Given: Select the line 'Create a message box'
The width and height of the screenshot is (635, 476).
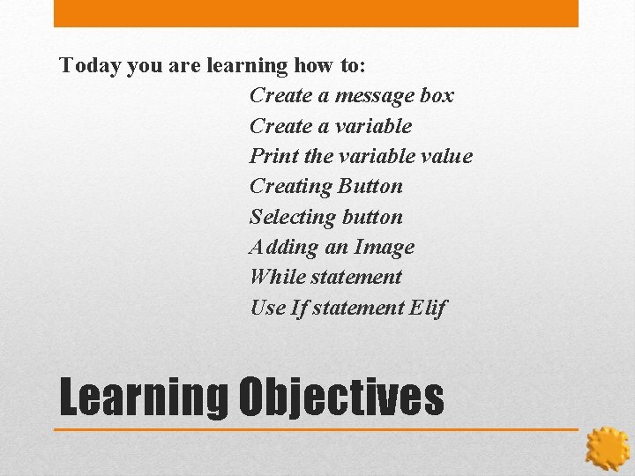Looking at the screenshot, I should click(351, 95).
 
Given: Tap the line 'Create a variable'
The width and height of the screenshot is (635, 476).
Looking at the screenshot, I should click(331, 126).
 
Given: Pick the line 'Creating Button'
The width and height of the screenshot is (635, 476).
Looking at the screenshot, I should click(325, 186).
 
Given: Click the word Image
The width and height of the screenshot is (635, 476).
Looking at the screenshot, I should click(384, 247).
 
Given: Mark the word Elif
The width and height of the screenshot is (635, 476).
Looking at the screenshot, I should click(428, 308).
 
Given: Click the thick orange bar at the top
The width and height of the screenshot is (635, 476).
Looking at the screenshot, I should click(316, 13).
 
